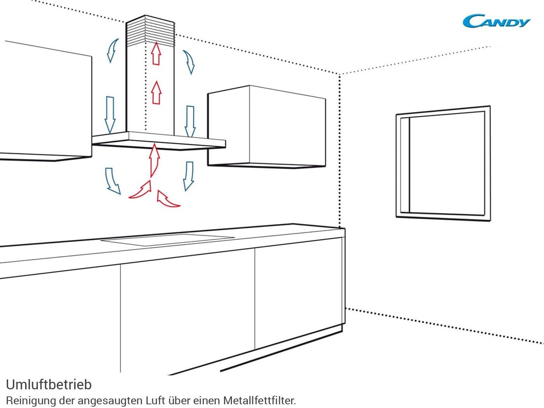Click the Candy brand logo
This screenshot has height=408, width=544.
496,21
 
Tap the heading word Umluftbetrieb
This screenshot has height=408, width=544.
49,384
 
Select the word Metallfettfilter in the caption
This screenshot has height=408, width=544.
259,400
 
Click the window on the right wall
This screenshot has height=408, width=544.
443,163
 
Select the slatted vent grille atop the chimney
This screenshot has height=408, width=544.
150,30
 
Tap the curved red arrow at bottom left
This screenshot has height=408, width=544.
141,191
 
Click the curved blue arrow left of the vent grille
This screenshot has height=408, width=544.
112,50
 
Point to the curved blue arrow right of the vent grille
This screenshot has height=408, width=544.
189,61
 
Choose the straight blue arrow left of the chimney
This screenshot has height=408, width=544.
110,114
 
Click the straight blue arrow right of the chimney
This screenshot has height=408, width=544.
190,120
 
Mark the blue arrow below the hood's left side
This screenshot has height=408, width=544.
112,181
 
